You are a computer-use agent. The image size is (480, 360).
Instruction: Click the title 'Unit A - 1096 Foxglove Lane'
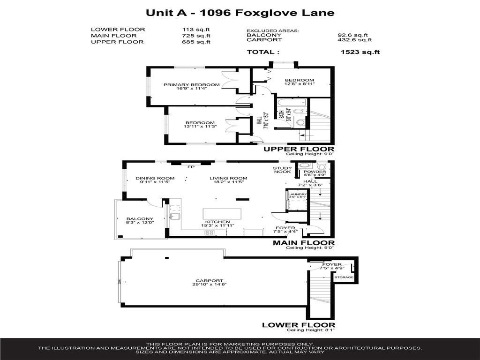pos(240,13)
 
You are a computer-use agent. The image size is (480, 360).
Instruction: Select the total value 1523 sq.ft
pos(360,52)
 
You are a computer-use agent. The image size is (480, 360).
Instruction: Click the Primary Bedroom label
pos(191,85)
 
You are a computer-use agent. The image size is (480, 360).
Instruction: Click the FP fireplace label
pos(191,166)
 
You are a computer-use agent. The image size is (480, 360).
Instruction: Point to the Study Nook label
pos(283,170)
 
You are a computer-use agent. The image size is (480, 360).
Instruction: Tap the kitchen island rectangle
pos(222,214)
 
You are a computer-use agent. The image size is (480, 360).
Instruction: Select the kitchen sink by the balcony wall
pos(175,217)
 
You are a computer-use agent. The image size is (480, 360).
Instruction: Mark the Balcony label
pos(140,219)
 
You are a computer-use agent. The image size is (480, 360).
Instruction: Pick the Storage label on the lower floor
pos(340,277)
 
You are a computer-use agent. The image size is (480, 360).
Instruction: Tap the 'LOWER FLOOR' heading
pos(299,325)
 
